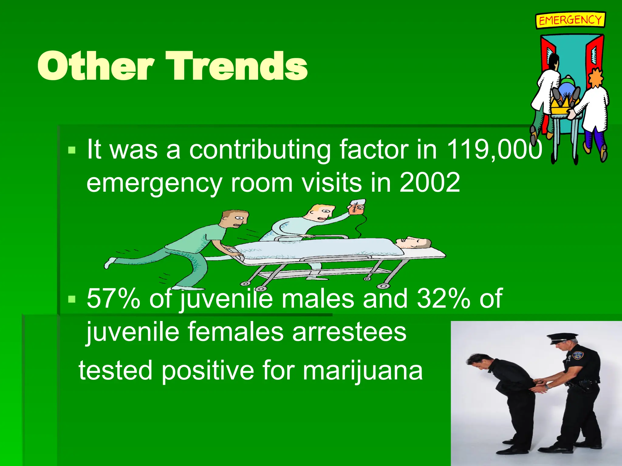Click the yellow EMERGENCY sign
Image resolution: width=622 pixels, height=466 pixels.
[x=570, y=20]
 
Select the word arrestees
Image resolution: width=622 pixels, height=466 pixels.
[x=349, y=332]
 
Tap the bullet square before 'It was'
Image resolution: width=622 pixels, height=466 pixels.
[x=72, y=150]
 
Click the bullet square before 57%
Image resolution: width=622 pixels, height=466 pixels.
[x=72, y=299]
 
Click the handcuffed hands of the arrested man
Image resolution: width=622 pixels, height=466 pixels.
[x=540, y=383]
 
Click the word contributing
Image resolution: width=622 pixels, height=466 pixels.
[x=260, y=149]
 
